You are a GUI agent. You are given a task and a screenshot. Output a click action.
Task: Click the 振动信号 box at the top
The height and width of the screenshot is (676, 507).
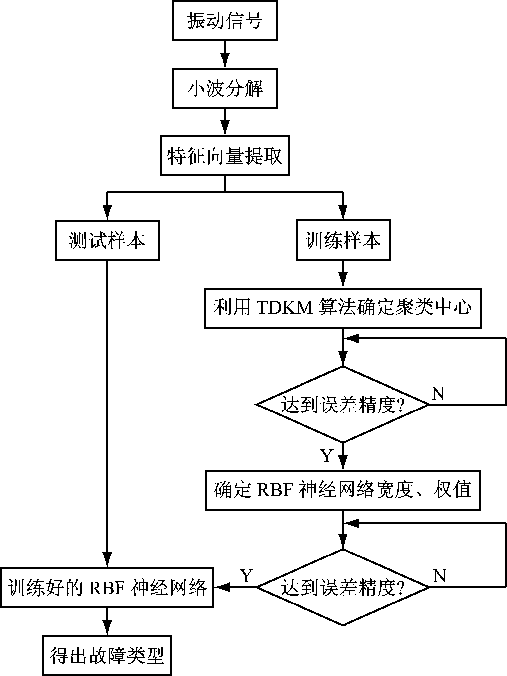click(x=225, y=21)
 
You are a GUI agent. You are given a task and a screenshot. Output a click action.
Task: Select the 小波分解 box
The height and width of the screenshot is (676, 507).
click(x=225, y=88)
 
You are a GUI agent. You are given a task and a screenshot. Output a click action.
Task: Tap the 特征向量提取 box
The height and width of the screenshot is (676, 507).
click(x=225, y=155)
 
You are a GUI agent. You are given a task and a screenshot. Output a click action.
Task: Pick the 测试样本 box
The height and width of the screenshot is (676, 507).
click(x=107, y=240)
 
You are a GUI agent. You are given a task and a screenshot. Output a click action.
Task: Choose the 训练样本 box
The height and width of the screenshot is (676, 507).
click(x=343, y=240)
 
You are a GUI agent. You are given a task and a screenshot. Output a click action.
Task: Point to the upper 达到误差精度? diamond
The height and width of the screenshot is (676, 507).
click(x=343, y=404)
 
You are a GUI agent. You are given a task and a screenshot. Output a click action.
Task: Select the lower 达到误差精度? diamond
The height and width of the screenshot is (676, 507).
click(x=343, y=587)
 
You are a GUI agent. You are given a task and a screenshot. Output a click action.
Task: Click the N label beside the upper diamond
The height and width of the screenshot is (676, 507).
click(x=438, y=394)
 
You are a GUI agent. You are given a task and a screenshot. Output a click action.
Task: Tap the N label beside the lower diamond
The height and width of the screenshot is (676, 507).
click(x=439, y=576)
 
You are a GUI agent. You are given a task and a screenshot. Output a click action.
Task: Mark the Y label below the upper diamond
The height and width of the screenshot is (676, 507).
click(x=327, y=456)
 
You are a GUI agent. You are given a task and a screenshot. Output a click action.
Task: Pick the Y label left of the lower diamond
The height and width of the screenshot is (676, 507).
click(x=246, y=576)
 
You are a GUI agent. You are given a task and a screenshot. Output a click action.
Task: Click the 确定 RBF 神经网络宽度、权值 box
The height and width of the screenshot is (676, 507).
click(x=343, y=490)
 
